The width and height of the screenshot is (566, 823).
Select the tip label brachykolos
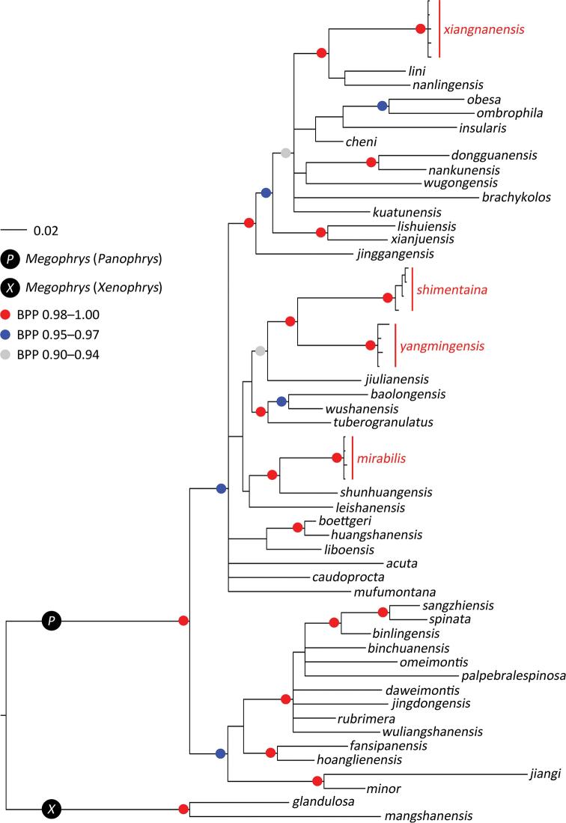pyautogui.click(x=517, y=197)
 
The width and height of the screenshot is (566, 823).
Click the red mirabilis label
pyautogui.click(x=381, y=458)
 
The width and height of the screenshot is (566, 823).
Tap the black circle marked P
pyautogui.click(x=51, y=620)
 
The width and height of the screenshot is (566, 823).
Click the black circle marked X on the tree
pyautogui.click(x=51, y=808)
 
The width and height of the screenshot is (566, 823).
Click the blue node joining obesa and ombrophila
pyautogui.click(x=383, y=106)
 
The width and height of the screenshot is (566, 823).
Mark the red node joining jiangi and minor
pyautogui.click(x=317, y=782)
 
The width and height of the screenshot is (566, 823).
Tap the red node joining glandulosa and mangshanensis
pyautogui.click(x=183, y=809)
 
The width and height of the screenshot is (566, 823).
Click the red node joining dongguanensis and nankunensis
pyautogui.click(x=371, y=162)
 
